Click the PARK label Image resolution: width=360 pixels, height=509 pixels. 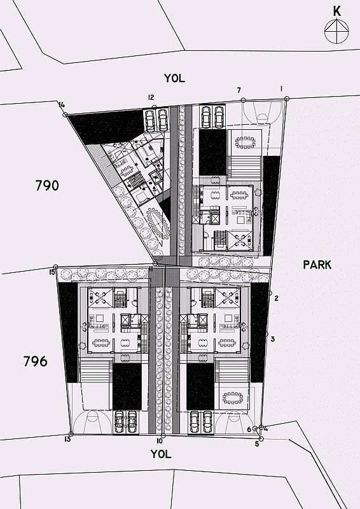[317, 265]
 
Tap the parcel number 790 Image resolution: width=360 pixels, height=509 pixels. [47, 186]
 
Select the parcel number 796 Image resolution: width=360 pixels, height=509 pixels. [36, 361]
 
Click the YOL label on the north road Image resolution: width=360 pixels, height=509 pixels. [174, 78]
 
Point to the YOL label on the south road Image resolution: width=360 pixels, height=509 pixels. [161, 454]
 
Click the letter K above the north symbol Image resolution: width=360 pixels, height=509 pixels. [337, 11]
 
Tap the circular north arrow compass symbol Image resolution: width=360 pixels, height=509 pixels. [336, 31]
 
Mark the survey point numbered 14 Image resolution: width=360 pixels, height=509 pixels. [65, 115]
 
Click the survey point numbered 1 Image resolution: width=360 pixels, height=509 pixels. [287, 99]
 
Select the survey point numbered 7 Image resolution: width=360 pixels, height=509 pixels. [243, 101]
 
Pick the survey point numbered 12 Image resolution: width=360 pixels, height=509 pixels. [155, 107]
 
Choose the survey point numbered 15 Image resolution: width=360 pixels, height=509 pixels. [55, 266]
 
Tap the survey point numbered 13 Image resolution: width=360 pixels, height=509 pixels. [71, 434]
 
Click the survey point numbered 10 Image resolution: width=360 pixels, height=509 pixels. [163, 436]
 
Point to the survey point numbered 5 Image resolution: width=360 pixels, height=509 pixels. [261, 439]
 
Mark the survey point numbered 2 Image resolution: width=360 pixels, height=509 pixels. [270, 293]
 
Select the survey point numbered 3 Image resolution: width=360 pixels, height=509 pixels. [267, 333]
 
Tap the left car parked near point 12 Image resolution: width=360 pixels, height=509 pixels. [150, 120]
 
